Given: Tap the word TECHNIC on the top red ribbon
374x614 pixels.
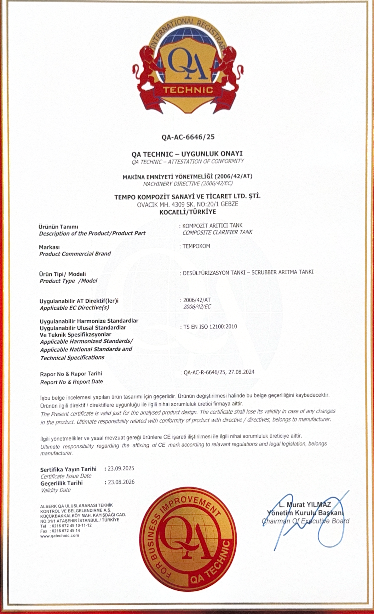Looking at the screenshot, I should click(x=188, y=90).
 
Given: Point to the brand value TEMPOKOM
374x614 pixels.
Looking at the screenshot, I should click(x=196, y=246).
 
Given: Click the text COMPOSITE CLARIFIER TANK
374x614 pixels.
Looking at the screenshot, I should click(x=218, y=233).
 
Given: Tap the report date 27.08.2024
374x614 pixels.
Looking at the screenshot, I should click(x=242, y=372).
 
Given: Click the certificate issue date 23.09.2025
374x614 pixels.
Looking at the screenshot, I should click(x=121, y=469).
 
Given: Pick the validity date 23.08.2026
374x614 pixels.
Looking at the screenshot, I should click(x=121, y=482).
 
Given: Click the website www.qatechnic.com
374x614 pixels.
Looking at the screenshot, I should click(x=60, y=535).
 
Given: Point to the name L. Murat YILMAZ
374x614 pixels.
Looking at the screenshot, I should click(x=305, y=504).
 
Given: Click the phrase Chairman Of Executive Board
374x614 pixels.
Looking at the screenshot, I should click(x=306, y=521).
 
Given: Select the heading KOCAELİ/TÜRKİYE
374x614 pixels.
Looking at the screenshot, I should click(x=188, y=212).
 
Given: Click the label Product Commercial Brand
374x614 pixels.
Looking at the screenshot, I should click(x=75, y=254).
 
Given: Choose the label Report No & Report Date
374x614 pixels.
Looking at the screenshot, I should click(x=71, y=382).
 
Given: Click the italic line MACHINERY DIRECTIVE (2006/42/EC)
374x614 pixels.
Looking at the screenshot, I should click(x=188, y=184).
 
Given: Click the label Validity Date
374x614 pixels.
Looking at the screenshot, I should click(x=56, y=490).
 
